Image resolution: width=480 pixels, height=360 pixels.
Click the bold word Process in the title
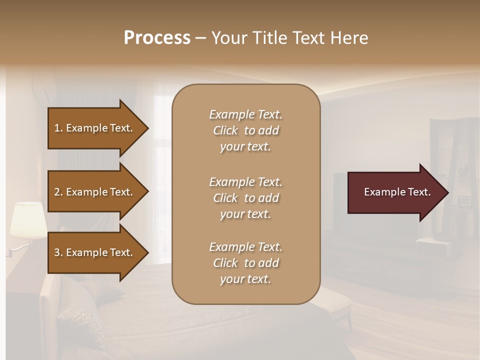157,38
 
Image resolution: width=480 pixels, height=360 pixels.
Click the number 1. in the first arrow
58,128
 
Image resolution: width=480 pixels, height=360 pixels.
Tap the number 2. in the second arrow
58,192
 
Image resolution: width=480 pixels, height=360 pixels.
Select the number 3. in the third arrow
58,252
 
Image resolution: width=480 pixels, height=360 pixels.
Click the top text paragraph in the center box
245,130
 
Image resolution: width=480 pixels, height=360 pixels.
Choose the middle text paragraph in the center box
245,198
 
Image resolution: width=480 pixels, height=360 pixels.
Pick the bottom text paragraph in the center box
245,263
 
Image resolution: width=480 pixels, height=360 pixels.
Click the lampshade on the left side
28,219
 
